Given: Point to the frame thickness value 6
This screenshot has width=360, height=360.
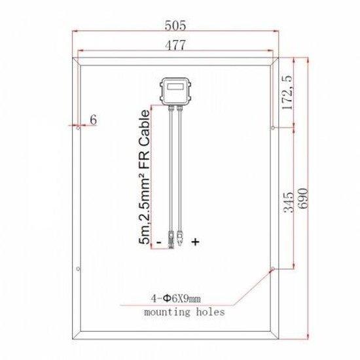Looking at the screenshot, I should (x=93, y=119).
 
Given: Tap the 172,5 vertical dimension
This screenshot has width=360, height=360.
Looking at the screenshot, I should (x=286, y=94).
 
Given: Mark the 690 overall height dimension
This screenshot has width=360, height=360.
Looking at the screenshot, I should (x=302, y=196).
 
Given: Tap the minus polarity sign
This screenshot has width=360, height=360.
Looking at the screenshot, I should (x=159, y=242).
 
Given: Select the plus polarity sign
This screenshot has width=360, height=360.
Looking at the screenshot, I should (x=195, y=242).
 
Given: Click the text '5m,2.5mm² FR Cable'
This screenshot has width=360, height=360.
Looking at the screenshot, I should (x=145, y=177).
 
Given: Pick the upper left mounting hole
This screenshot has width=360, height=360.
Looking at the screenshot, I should (x=78, y=128).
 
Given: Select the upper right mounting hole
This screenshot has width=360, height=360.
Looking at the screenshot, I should (x=273, y=128).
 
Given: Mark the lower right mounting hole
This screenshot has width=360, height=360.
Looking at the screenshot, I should (x=273, y=268).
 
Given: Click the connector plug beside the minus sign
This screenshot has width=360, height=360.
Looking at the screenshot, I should (x=170, y=239).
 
